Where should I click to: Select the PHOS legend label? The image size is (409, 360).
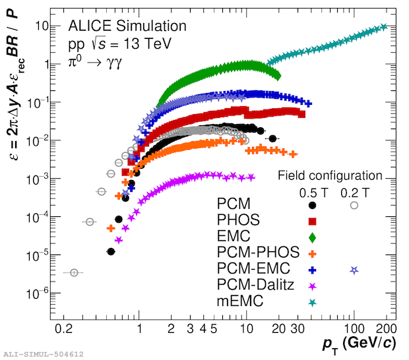point(238,220)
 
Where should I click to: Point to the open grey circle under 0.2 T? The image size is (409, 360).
point(354,205)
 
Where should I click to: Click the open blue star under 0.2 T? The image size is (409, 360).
point(354,270)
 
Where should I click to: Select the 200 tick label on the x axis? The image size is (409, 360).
point(386,328)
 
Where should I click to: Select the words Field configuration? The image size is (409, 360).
point(330,176)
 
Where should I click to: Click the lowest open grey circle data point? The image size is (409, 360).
point(74,272)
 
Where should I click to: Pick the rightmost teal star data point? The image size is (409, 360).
point(384,27)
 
